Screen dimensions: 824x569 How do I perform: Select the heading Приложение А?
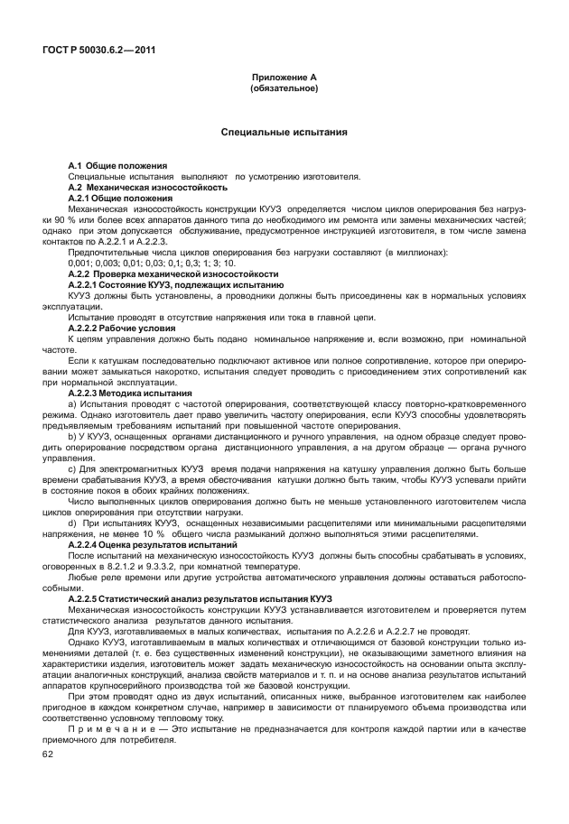point(284,79)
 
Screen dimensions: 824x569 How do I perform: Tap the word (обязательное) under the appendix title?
point(284,88)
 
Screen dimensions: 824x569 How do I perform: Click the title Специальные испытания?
point(284,133)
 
